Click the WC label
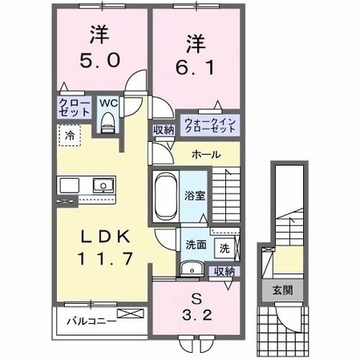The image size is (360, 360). click(x=108, y=103)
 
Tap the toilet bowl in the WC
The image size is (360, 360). click(x=108, y=122)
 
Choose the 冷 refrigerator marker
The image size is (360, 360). click(x=70, y=137)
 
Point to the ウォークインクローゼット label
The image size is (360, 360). click(x=209, y=125)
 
